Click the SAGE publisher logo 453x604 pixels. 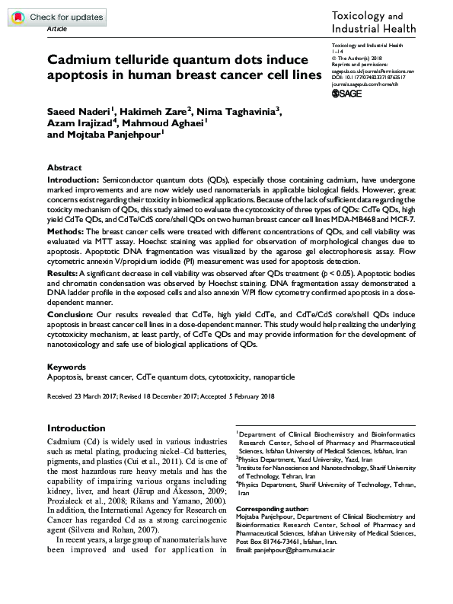pyautogui.click(x=351, y=93)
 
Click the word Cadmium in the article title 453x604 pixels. pyautogui.click(x=78, y=59)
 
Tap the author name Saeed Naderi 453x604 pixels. pyautogui.click(x=77, y=113)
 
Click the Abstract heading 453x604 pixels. pyautogui.click(x=64, y=167)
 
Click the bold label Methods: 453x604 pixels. pyautogui.click(x=66, y=230)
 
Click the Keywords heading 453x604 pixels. pyautogui.click(x=65, y=367)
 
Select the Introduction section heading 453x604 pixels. pyautogui.click(x=76, y=428)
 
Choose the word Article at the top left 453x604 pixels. pyautogui.click(x=57, y=27)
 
